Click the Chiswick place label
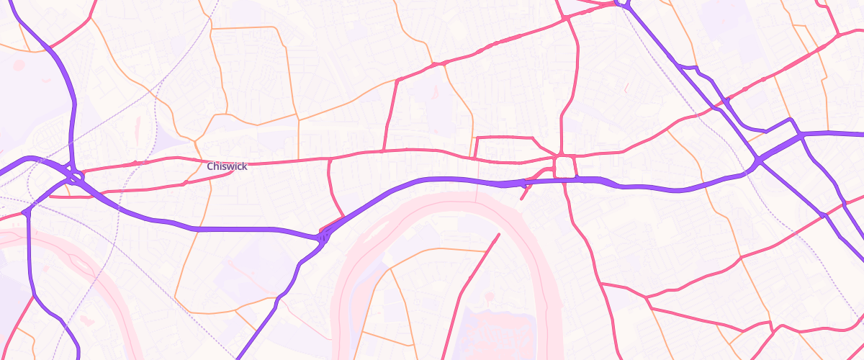coord(227,166)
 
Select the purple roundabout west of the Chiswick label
coord(75,174)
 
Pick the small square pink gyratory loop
coord(565,166)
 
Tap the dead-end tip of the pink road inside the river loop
coord(498,234)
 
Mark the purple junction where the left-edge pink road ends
coord(27,212)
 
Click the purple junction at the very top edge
coord(624,4)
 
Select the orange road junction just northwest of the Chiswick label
coord(194,140)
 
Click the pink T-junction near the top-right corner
coord(837,35)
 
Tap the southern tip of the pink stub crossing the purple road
coord(522,198)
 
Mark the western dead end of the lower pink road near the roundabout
coord(66,195)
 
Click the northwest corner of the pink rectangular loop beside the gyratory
coord(477,138)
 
